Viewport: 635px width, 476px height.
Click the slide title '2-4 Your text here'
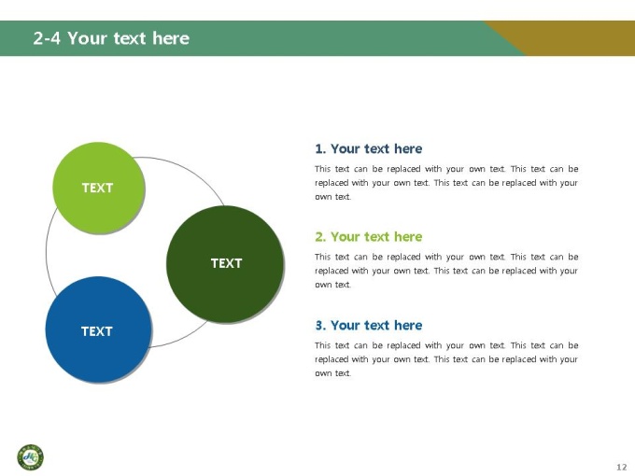(x=111, y=38)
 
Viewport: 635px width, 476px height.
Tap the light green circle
(x=99, y=188)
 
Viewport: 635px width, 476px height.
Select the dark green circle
(x=225, y=264)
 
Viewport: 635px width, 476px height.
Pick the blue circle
(x=98, y=329)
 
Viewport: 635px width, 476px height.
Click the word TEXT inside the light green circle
(x=98, y=188)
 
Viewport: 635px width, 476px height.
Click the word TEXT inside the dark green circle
(x=226, y=263)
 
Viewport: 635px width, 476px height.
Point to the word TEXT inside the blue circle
(x=97, y=331)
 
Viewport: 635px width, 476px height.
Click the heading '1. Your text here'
(x=369, y=149)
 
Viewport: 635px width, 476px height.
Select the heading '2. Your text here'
(x=369, y=237)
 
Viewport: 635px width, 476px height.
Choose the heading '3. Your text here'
(x=369, y=326)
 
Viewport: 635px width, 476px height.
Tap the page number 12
(x=622, y=467)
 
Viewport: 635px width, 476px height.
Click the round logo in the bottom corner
(x=31, y=457)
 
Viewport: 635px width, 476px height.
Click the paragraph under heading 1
(x=446, y=183)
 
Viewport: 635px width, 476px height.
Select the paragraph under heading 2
(x=446, y=271)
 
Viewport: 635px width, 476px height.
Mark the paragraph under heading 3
(x=446, y=359)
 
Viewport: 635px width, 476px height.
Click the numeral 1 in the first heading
(x=319, y=149)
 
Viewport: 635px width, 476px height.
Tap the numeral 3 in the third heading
(x=319, y=326)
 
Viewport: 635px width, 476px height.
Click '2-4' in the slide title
(x=47, y=38)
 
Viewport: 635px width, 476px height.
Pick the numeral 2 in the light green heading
(x=319, y=237)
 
